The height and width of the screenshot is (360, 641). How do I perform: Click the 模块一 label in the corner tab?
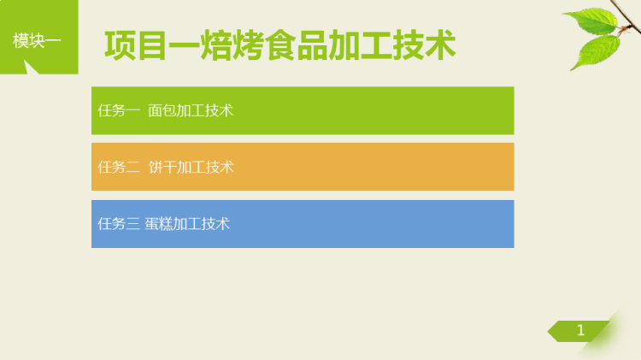click(x=37, y=40)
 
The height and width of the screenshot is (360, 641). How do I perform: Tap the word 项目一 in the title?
click(x=152, y=45)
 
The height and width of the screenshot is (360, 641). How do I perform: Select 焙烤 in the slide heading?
click(x=232, y=45)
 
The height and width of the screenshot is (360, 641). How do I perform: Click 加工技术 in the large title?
click(x=391, y=45)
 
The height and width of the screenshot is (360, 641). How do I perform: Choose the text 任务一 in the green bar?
click(x=119, y=110)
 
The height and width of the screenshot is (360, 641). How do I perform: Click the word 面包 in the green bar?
click(x=162, y=110)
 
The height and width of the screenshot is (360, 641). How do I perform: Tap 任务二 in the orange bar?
click(x=119, y=167)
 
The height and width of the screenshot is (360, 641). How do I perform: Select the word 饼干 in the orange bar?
click(x=162, y=167)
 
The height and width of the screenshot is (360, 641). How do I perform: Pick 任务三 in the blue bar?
click(x=119, y=224)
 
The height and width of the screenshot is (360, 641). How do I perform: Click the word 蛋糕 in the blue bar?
click(x=159, y=224)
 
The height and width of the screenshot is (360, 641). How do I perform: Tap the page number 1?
click(x=580, y=330)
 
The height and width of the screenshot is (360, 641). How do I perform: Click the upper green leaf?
click(x=594, y=21)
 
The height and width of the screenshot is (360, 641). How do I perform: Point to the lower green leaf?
click(x=596, y=51)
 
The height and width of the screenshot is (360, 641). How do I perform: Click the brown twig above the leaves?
click(x=626, y=16)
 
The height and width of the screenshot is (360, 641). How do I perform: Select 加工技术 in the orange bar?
click(x=205, y=167)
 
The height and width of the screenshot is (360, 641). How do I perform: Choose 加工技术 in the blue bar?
click(x=201, y=224)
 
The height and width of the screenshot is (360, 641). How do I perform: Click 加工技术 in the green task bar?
click(x=205, y=110)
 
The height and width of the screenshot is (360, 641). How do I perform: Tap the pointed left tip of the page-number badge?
click(x=548, y=332)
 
